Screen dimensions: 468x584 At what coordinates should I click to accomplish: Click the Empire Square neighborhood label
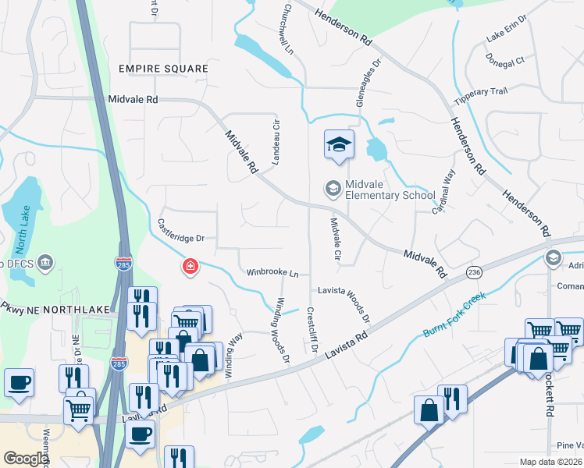(x=163, y=69)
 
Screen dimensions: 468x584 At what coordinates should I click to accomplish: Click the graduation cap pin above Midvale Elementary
(x=340, y=145)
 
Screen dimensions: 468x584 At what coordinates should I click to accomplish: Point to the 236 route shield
(x=474, y=271)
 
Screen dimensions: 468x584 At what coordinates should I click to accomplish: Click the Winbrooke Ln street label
(x=272, y=273)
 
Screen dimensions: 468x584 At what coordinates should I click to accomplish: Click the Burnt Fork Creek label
(x=454, y=315)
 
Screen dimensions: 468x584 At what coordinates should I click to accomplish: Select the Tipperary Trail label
(x=482, y=92)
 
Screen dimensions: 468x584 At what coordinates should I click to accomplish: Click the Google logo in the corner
(x=26, y=458)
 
